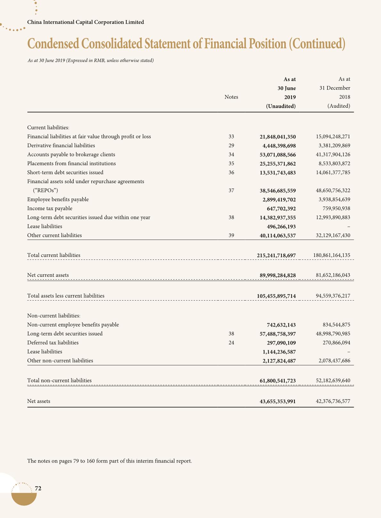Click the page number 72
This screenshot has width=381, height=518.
coord(38,488)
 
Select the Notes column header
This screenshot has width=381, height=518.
coord(231,97)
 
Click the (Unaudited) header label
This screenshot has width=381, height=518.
coord(281,106)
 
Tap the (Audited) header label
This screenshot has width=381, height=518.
coord(339,106)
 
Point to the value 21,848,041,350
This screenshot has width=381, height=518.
coord(278,137)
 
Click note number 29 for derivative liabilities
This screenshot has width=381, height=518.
coord(231,146)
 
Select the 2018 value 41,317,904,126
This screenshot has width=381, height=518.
coord(333,155)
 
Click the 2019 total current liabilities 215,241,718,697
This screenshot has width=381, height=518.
coord(276,255)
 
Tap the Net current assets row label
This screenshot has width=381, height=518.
coord(48,275)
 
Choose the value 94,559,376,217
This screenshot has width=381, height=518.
coord(333,296)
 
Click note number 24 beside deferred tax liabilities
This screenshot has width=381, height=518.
coord(231,343)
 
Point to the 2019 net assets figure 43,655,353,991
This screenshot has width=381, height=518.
coord(278,401)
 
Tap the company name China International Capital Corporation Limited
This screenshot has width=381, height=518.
coord(85,22)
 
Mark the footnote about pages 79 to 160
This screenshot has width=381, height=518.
coord(109,461)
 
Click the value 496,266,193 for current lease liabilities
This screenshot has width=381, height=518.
coord(281,226)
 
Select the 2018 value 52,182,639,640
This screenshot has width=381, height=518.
coord(333,381)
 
